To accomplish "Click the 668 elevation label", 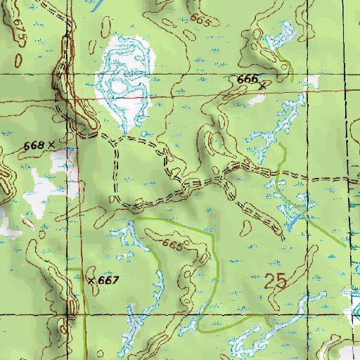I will [x=34, y=145].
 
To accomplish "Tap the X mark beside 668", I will [x=51, y=144].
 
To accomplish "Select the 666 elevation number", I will [x=247, y=80].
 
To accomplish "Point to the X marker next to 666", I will [x=263, y=85].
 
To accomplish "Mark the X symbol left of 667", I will [x=91, y=279].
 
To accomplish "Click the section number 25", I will [x=276, y=282].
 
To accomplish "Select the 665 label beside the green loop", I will [x=172, y=246].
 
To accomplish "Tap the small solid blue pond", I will [x=290, y=225].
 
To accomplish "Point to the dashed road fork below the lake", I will [x=115, y=140].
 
